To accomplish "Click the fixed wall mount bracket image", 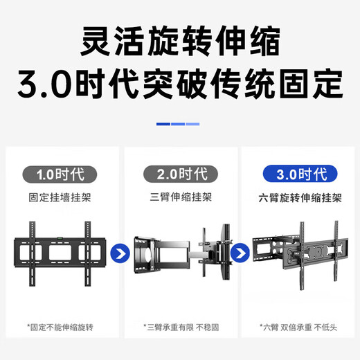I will coord(60,251).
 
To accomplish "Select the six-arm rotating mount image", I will coord(299,251).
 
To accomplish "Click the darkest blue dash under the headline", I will coord(163,125).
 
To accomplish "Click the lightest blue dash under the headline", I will coord(193,125).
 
